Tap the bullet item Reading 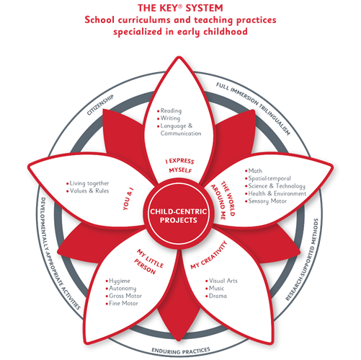[x=169, y=110]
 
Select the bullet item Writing [x=169, y=118]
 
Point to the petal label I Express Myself [x=180, y=165]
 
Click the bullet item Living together [x=88, y=183]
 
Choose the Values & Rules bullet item [x=88, y=191]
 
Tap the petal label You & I [x=128, y=200]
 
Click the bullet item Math [x=254, y=171]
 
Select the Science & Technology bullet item [x=275, y=186]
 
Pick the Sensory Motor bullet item [x=266, y=201]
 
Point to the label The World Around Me [x=223, y=200]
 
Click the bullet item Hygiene [x=118, y=281]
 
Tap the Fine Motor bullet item [x=122, y=304]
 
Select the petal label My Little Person [x=148, y=262]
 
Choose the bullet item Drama [x=216, y=296]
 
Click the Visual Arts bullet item [x=221, y=281]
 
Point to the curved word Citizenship [x=100, y=105]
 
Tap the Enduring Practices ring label [x=181, y=351]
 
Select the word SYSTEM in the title [x=204, y=8]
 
